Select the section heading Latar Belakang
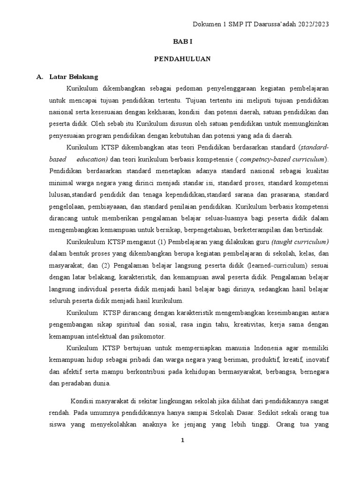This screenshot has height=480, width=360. point(74,77)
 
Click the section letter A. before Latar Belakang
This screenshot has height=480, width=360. point(39,77)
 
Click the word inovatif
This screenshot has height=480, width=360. point(316,360)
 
